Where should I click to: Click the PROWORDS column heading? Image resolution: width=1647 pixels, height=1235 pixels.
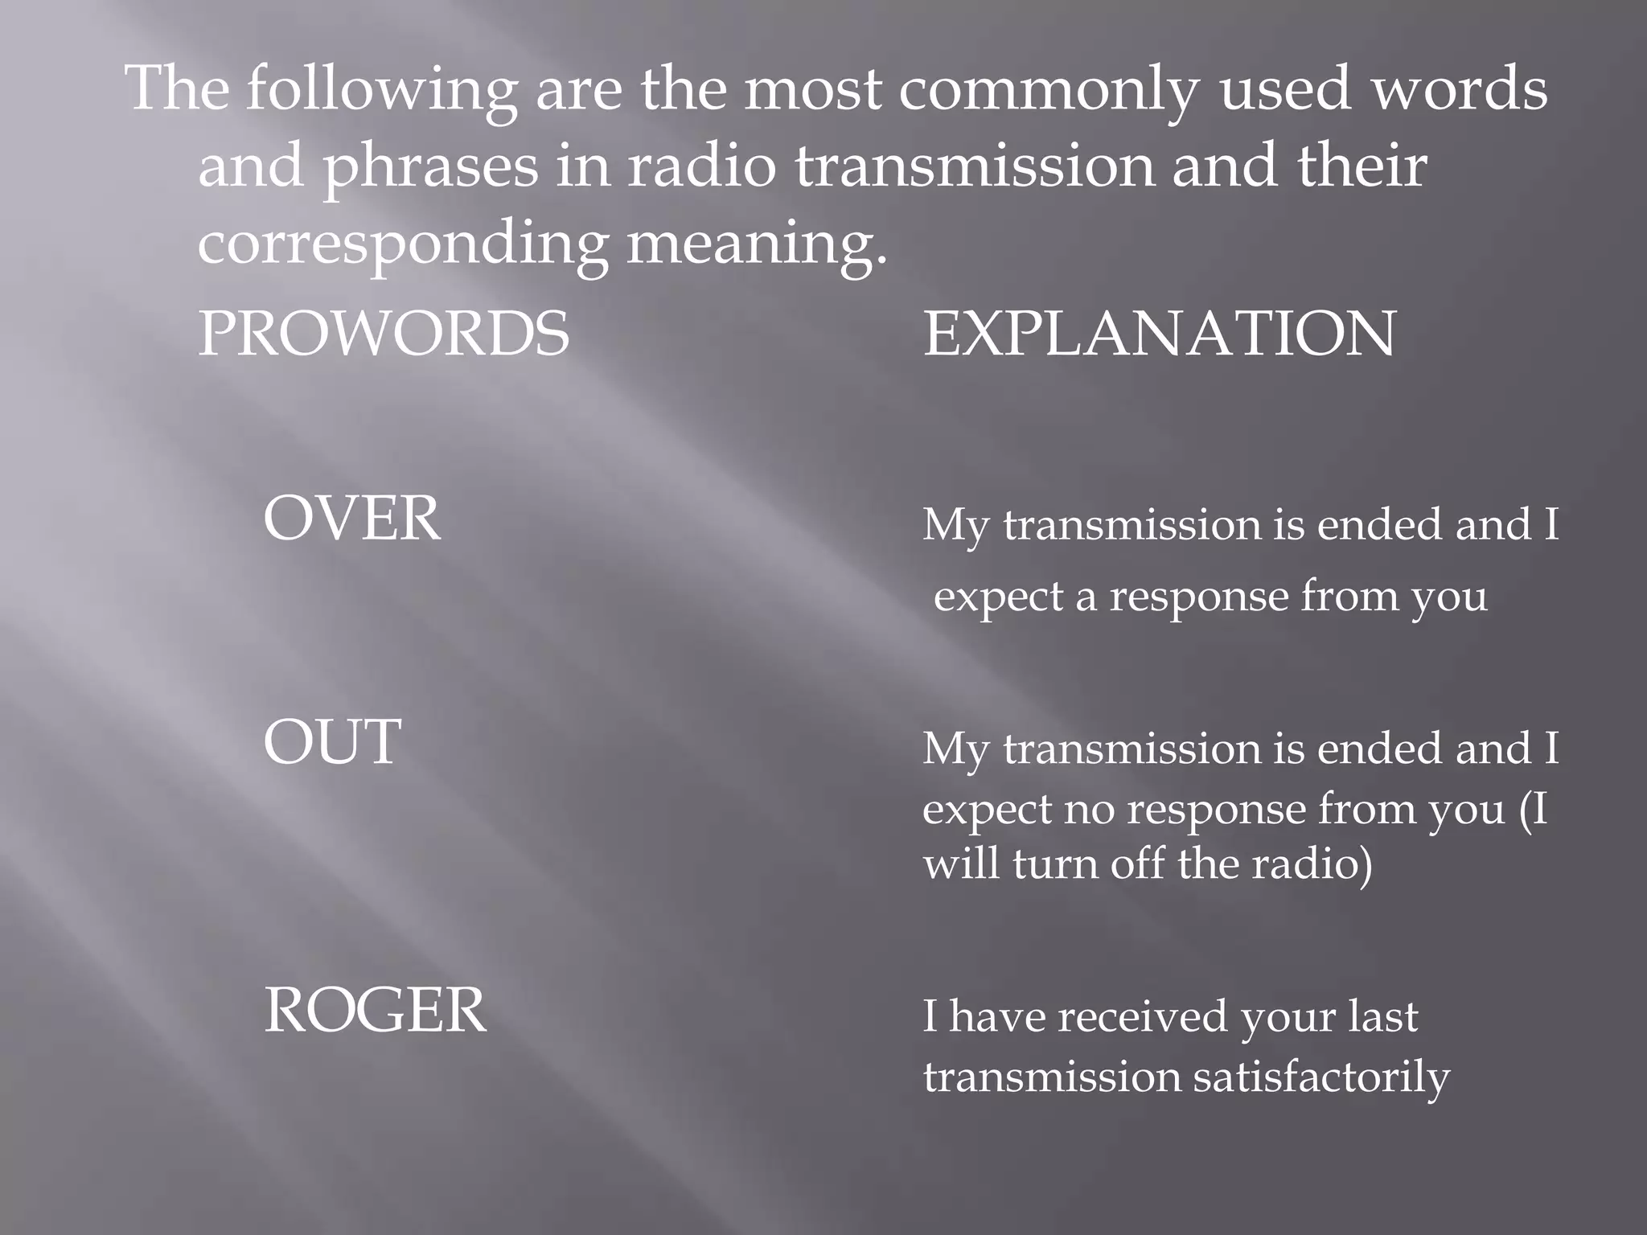click(x=384, y=334)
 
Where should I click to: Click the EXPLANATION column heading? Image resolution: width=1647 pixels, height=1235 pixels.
click(x=1159, y=334)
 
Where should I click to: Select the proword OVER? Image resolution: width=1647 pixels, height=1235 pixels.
click(x=352, y=519)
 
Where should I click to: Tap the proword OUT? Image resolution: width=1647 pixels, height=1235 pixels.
click(x=332, y=741)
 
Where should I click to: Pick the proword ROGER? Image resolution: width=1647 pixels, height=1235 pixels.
click(x=375, y=1010)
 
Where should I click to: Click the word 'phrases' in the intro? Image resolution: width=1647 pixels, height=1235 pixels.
click(x=430, y=166)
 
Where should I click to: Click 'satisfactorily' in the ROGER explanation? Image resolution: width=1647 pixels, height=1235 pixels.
click(x=1321, y=1077)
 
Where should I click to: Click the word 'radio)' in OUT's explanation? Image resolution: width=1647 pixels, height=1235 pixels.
click(x=1311, y=864)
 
